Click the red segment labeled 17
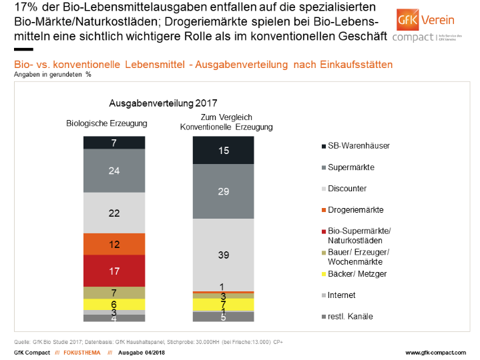tap(114, 270)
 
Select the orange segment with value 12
tap(114, 244)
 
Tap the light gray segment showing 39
tap(223, 255)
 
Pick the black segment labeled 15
tap(223, 151)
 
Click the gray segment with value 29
tap(223, 191)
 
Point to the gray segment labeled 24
tap(114, 170)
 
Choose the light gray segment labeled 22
tap(114, 213)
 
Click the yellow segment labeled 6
tap(114, 304)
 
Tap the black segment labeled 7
tap(114, 142)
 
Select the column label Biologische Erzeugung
tap(106, 123)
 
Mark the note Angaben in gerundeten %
tap(52, 75)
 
